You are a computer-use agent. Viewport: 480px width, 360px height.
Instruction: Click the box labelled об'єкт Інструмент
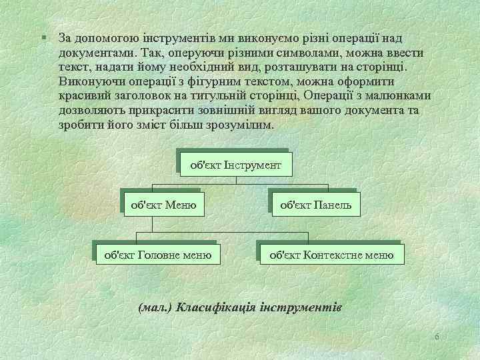pyautogui.click(x=236, y=163)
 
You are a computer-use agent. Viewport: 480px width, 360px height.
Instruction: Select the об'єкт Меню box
pyautogui.click(x=164, y=205)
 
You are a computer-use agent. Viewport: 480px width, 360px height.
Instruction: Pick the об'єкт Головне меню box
pyautogui.click(x=155, y=254)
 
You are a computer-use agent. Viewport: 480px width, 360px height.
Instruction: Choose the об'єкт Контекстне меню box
pyautogui.click(x=331, y=254)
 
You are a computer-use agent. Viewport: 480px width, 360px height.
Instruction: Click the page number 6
pyautogui.click(x=436, y=337)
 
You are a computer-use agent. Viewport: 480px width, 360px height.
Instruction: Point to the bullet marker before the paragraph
pyautogui.click(x=42, y=37)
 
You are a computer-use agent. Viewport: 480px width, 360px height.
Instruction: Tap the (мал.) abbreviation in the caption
pyautogui.click(x=155, y=307)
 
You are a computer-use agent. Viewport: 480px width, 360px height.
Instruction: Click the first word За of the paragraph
pyautogui.click(x=65, y=38)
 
